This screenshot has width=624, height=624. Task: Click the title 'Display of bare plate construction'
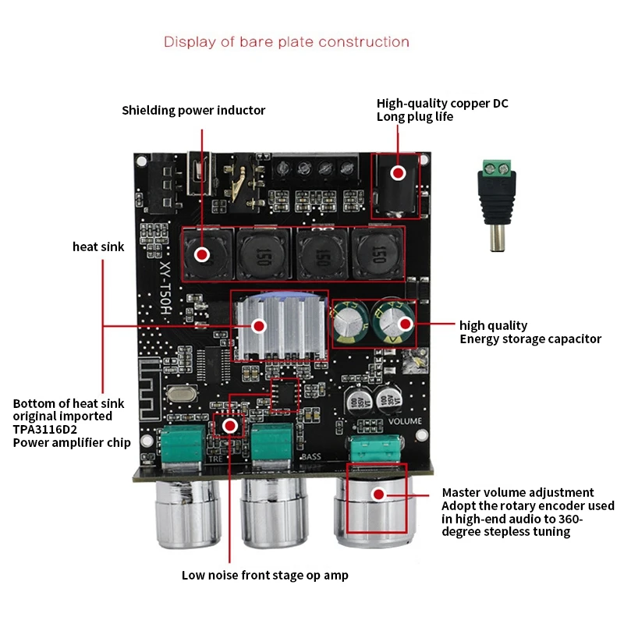click(286, 42)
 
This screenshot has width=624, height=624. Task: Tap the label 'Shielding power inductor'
click(193, 110)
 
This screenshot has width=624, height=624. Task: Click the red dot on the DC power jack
click(398, 173)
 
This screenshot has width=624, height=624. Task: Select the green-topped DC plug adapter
click(497, 205)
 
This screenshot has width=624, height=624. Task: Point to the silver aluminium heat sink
click(281, 324)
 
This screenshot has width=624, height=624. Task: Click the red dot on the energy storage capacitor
click(406, 324)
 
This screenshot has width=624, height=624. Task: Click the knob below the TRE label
click(188, 513)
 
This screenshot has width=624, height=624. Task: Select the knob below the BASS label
click(275, 512)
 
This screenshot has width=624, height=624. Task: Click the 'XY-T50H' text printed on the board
click(165, 288)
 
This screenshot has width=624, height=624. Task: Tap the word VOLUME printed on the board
click(405, 421)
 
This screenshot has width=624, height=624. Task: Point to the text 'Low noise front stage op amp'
click(265, 576)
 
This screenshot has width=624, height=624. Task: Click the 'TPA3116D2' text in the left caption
click(45, 430)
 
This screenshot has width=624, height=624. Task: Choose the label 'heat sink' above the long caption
click(98, 246)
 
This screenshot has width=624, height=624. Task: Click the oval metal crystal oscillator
click(182, 394)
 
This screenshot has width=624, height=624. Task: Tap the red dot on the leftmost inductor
click(202, 254)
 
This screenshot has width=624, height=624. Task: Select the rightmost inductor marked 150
click(377, 254)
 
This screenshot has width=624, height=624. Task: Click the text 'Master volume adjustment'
click(518, 493)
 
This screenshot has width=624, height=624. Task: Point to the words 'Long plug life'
click(415, 117)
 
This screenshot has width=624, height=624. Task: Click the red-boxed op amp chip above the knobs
click(285, 395)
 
